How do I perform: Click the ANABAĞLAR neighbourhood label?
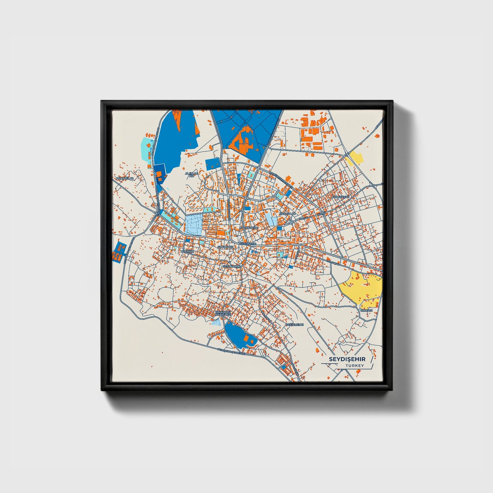pyautogui.click(x=125, y=178)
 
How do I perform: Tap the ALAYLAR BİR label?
pyautogui.click(x=191, y=175)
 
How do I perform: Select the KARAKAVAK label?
pyautogui.click(x=341, y=197)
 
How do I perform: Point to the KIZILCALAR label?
pyautogui.click(x=287, y=214)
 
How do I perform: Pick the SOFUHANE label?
pyautogui.click(x=226, y=247)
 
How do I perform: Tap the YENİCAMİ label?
pyautogui.click(x=187, y=251)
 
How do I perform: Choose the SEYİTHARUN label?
pyautogui.click(x=232, y=266)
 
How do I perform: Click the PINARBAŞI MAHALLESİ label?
pyautogui.click(x=223, y=313)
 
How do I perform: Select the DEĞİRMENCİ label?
pyautogui.click(x=295, y=325)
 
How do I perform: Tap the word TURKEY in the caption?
pyautogui.click(x=354, y=366)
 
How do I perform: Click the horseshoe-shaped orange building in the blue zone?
pyautogui.click(x=243, y=139)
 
